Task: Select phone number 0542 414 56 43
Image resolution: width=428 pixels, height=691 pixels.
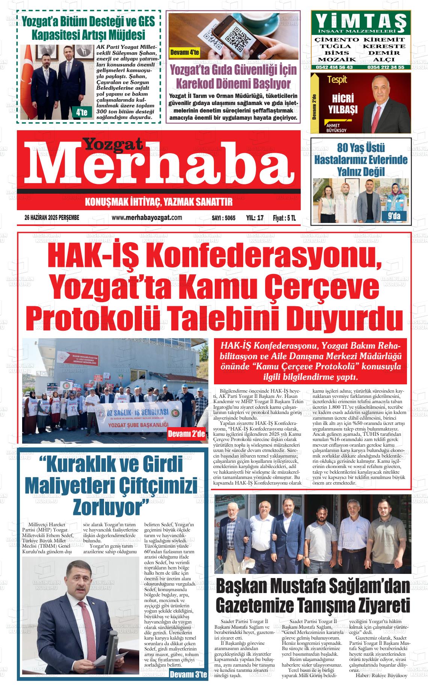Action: click(334, 67)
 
